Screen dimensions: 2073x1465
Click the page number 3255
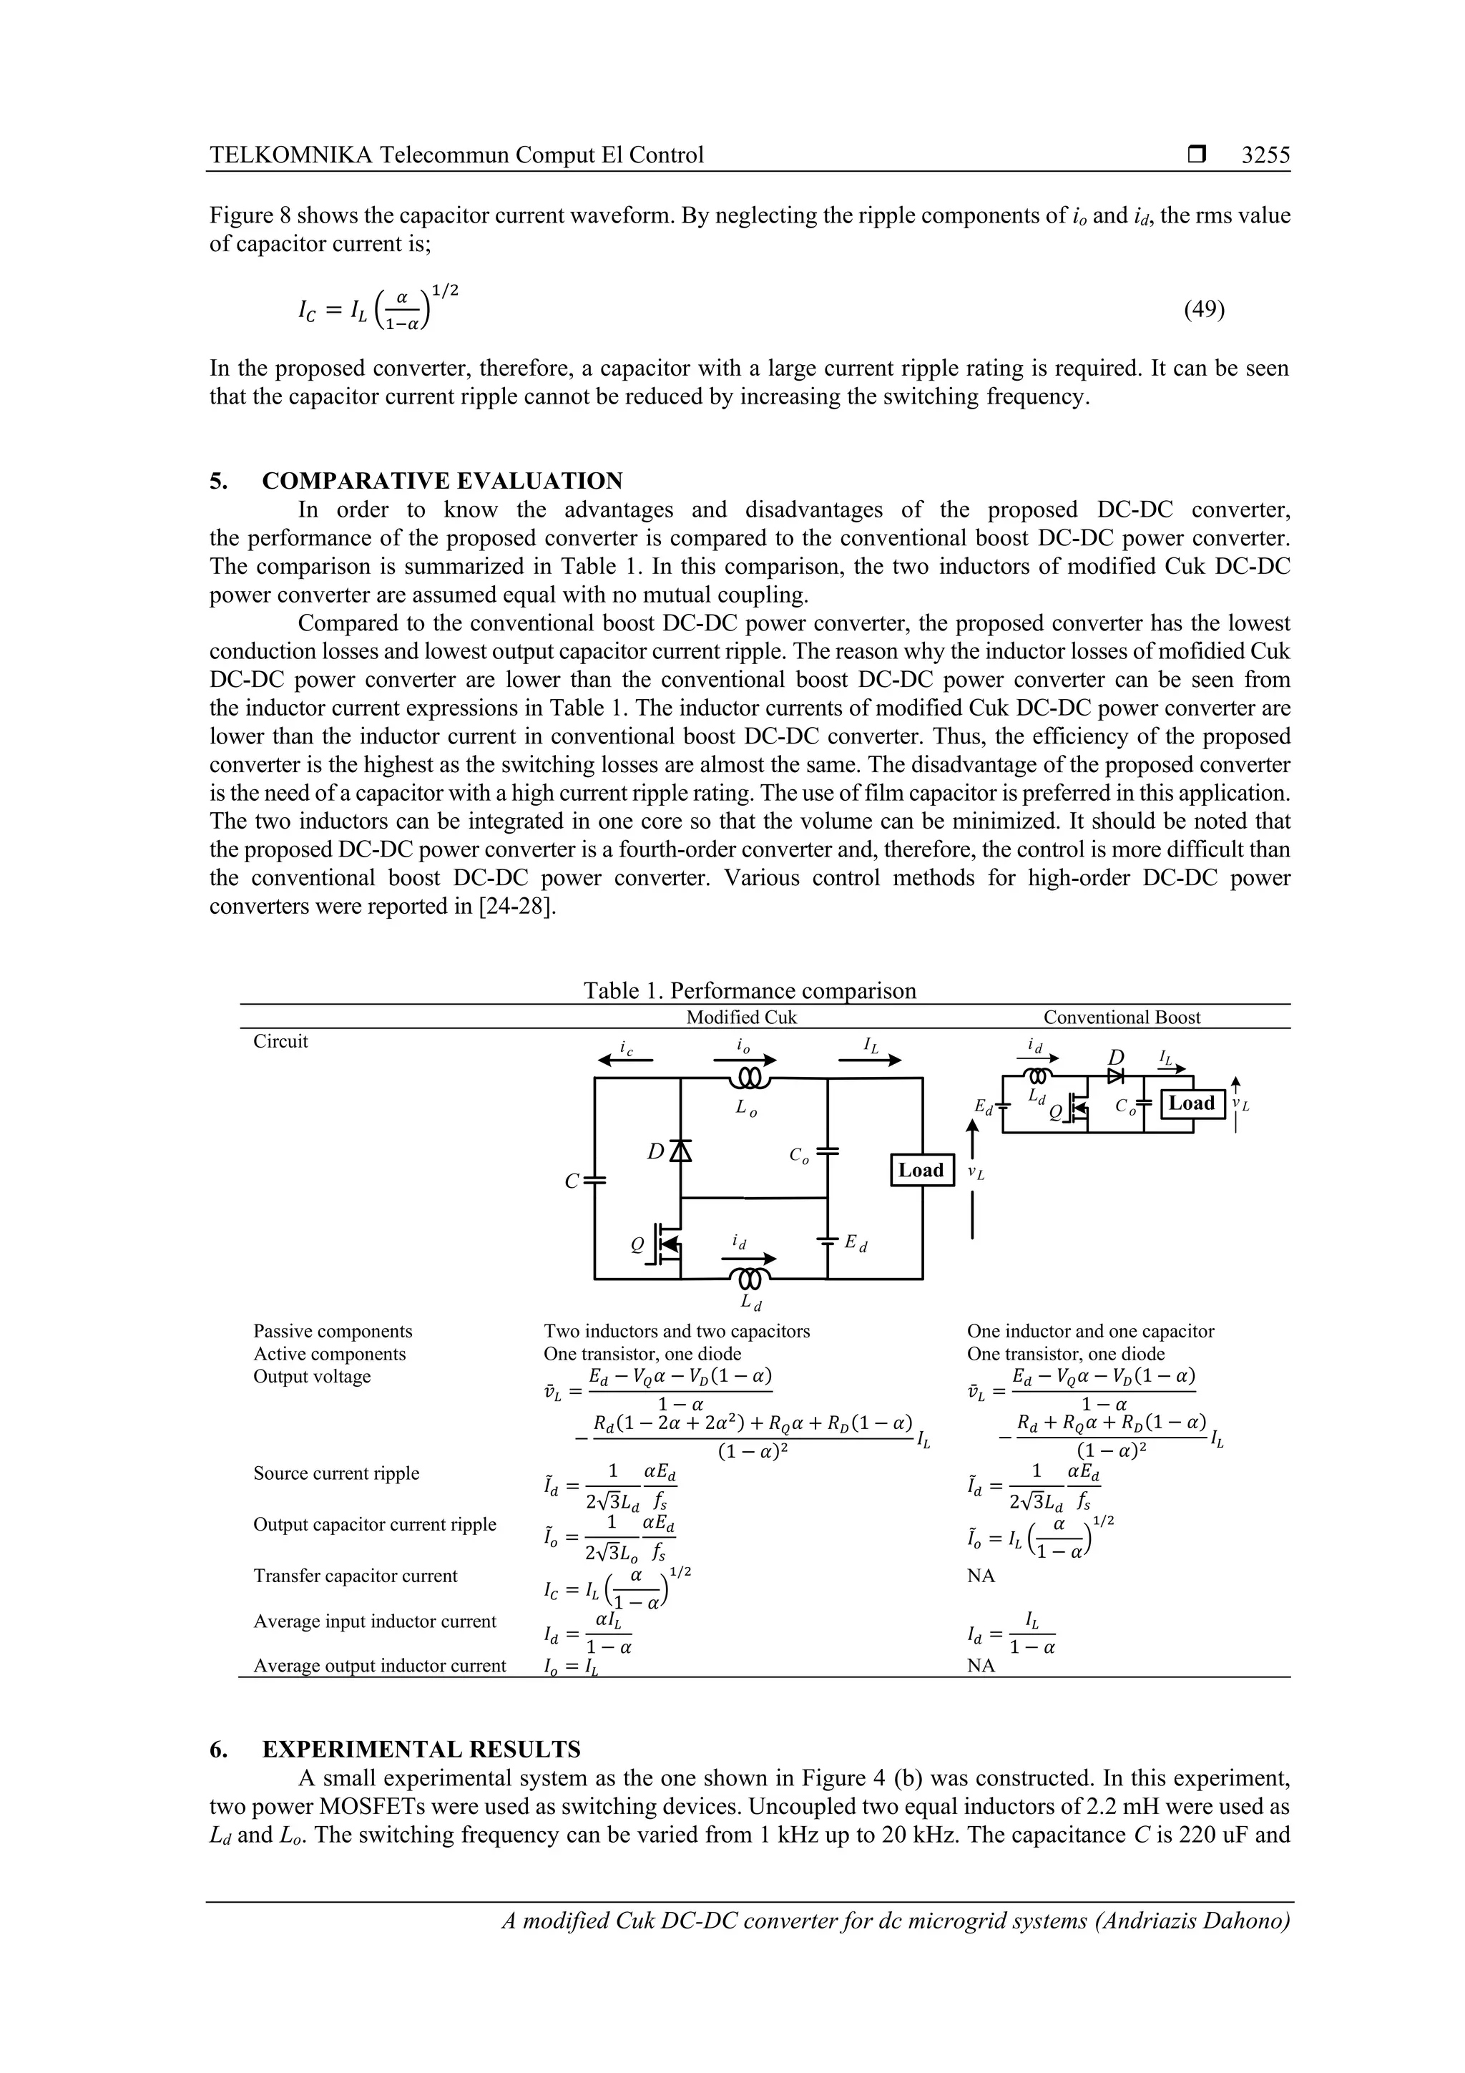pos(1265,155)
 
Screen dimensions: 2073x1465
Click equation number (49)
pos(1203,310)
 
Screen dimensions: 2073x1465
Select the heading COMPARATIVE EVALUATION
pos(442,480)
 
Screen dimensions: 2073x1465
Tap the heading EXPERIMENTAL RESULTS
pos(421,1749)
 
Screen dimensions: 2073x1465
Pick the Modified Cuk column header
pos(741,1018)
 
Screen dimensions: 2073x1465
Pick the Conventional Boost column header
pos(1121,1018)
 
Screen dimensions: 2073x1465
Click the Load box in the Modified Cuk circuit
pos(921,1170)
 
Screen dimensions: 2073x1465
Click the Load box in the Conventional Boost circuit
pos(1192,1103)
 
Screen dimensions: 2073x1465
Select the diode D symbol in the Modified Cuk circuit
pos(680,1151)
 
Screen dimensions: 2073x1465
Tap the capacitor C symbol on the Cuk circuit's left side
pos(595,1180)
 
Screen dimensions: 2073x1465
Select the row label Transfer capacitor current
pos(355,1576)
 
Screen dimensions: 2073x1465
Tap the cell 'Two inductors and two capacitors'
pos(676,1331)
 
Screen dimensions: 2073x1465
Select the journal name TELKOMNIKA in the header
pos(290,155)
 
